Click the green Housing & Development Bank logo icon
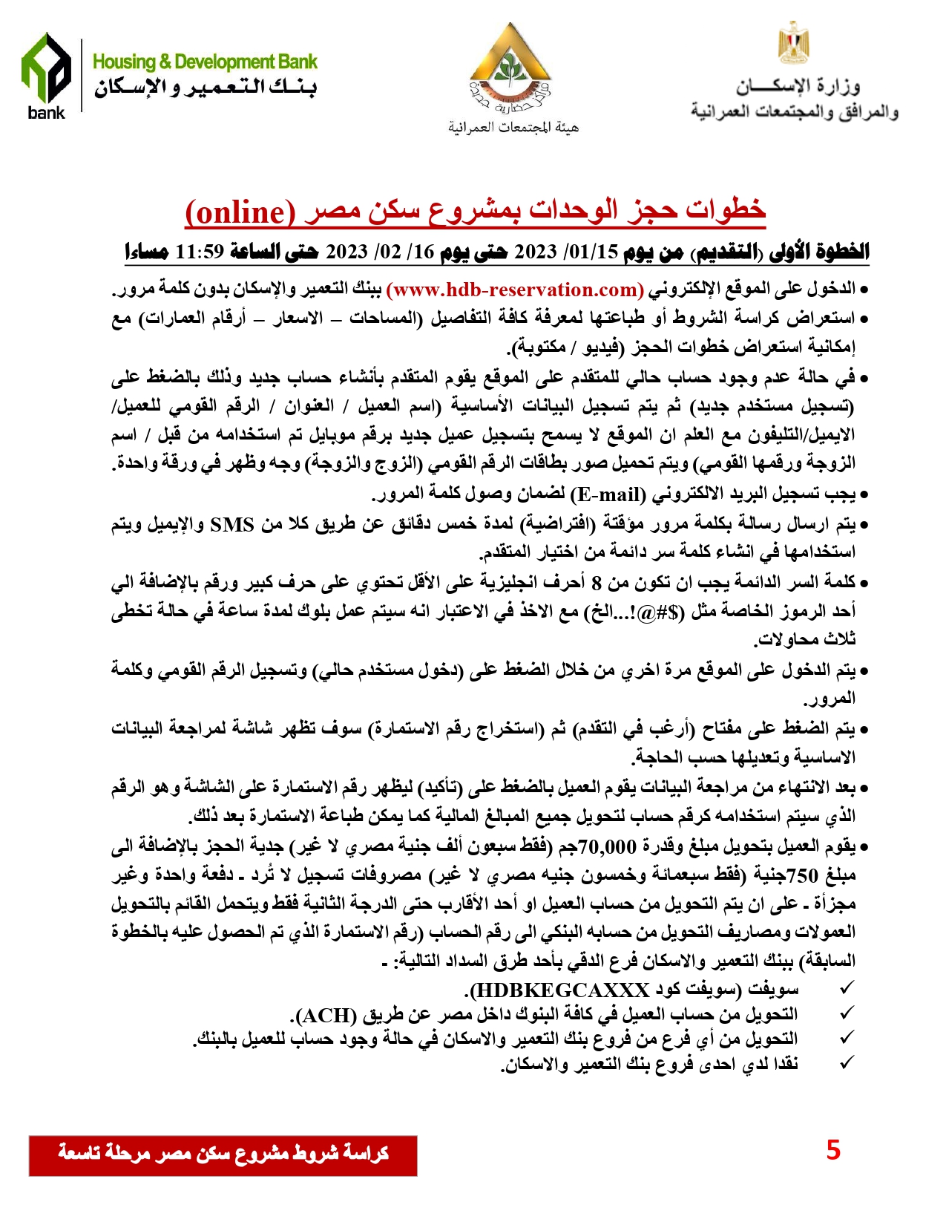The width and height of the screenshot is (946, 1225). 46,68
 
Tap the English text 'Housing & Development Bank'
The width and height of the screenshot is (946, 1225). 205,62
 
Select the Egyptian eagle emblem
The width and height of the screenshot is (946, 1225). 793,44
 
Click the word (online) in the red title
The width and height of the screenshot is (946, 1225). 240,212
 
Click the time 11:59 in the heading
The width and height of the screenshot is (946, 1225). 199,252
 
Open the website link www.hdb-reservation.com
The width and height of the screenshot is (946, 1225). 515,289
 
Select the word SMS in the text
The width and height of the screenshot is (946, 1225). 233,524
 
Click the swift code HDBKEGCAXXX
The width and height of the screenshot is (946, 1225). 560,990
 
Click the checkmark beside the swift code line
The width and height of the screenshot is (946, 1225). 846,989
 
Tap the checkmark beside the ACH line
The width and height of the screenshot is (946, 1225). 846,1013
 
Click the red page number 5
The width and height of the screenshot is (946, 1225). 833,1150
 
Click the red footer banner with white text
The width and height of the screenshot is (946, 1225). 223,1154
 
